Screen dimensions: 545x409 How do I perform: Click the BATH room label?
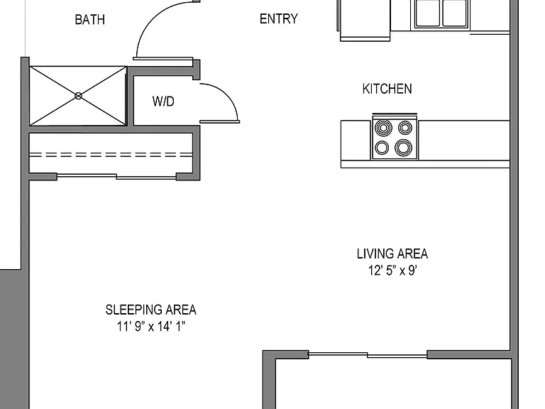coord(89,19)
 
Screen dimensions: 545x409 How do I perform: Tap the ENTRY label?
coord(279,18)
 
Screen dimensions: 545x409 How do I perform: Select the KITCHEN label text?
coord(387,89)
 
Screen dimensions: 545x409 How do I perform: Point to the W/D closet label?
coord(163,102)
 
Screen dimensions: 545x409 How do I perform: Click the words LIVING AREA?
coord(392,253)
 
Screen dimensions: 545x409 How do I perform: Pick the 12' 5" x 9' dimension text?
coord(392,271)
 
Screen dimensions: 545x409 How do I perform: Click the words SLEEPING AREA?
coord(151,310)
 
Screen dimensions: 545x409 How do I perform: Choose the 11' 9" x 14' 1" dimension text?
coord(151,326)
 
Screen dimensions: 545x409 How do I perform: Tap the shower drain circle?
coord(78,96)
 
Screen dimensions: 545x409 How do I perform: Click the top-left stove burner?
coord(383,128)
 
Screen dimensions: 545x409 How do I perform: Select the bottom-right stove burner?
coord(403,148)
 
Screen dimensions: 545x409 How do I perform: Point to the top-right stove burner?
coord(405,128)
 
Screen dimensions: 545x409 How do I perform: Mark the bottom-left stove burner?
coord(382,148)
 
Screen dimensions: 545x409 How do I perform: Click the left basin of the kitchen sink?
coord(427,13)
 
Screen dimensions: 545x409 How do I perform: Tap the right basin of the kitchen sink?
coord(454,13)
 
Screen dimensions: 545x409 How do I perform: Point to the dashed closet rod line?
coord(111,154)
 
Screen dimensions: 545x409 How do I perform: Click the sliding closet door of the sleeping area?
coord(116,176)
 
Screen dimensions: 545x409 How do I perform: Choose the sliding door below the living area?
coord(368,354)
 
